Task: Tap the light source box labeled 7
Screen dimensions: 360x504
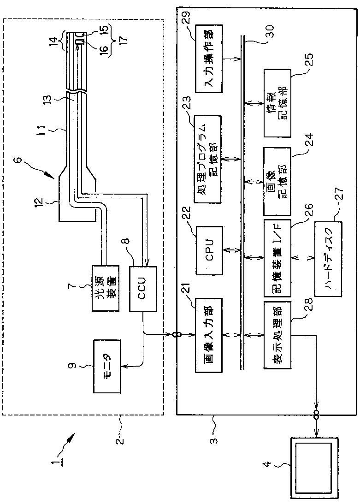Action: (x=105, y=288)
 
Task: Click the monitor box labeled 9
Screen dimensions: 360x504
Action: (x=107, y=366)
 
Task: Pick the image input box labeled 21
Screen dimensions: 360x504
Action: (x=209, y=335)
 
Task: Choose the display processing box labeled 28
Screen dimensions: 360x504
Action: (x=277, y=335)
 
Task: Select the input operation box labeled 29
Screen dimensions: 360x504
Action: (x=209, y=59)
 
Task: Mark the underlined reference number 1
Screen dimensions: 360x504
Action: (x=57, y=453)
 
